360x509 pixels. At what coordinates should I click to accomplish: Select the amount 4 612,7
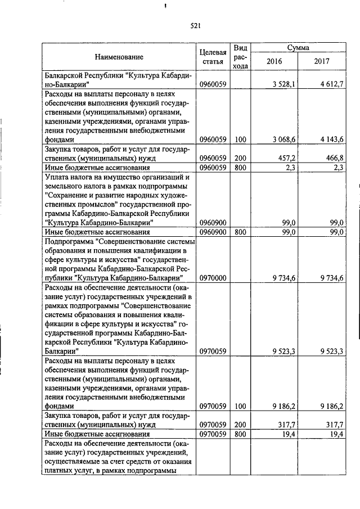tap(332, 84)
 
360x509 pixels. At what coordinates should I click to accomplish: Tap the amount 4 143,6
tap(332, 139)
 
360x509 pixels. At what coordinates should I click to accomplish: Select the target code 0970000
tap(213, 277)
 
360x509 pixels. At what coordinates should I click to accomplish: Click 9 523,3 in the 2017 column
tap(332, 352)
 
